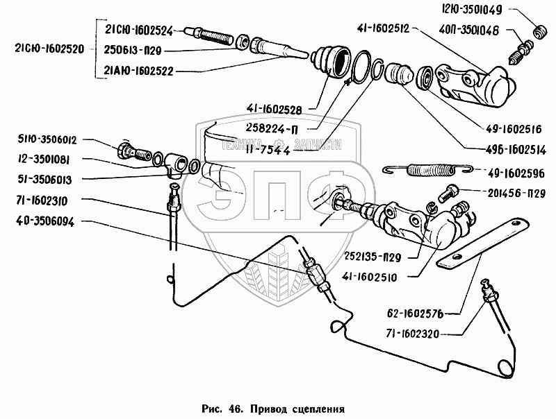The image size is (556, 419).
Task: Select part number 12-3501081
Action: tap(42, 159)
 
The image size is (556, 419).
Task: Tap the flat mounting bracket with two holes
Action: tap(481, 243)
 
